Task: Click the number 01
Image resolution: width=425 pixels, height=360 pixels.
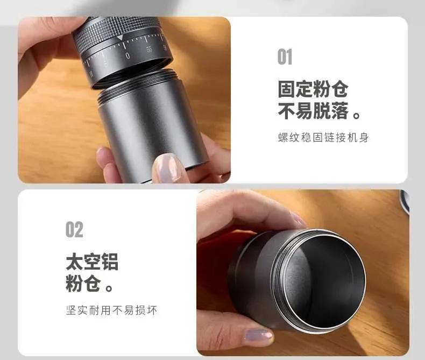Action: (285, 57)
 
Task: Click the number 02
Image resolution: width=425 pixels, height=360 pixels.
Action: (74, 230)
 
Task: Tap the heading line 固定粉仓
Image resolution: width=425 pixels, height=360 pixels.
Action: (313, 89)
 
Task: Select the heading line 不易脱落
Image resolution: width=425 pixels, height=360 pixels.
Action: (313, 111)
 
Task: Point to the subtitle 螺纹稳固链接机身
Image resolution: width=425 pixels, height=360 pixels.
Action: (323, 137)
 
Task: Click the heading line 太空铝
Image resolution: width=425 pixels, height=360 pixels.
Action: (92, 262)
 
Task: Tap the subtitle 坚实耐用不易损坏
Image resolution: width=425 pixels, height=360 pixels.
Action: (111, 310)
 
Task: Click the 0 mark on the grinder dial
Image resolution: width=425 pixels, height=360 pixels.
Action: (127, 56)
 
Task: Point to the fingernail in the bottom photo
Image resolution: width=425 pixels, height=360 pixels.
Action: (258, 336)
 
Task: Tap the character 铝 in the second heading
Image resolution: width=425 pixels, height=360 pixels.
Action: (110, 262)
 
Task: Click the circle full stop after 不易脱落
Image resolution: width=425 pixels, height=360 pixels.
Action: (357, 116)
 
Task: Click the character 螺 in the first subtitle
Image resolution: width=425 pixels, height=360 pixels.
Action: (283, 137)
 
